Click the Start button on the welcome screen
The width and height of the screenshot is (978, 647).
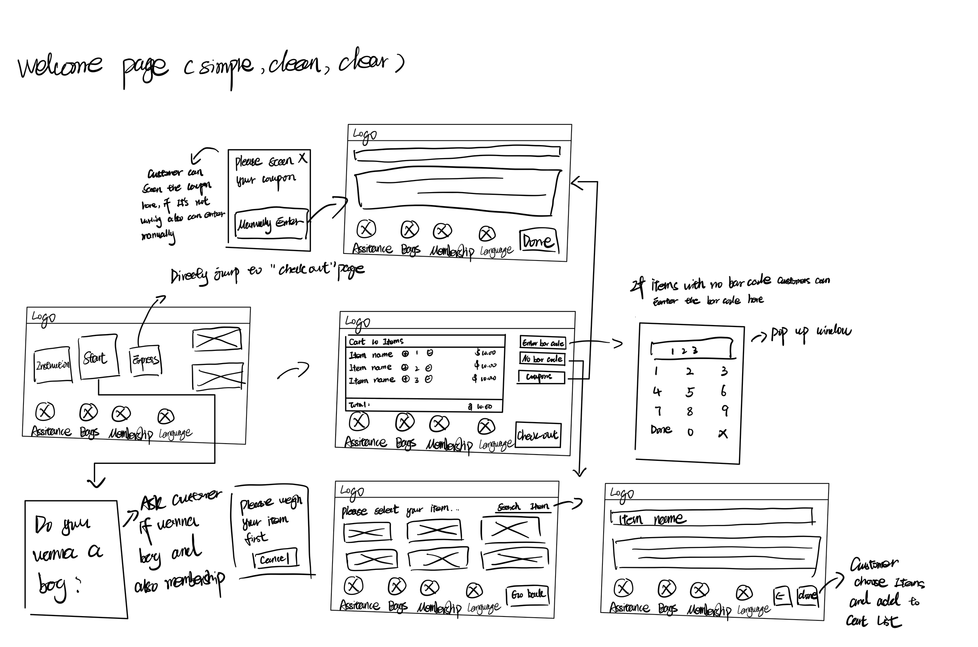(98, 357)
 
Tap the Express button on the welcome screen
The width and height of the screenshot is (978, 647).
(145, 360)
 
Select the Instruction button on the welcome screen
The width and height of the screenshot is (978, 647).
(53, 365)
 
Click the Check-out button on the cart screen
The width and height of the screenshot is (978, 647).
(538, 435)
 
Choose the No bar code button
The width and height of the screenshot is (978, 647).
(542, 359)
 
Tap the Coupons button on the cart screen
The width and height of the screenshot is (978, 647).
(541, 377)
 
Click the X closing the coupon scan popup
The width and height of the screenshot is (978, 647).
(303, 158)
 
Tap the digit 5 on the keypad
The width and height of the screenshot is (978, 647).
(690, 392)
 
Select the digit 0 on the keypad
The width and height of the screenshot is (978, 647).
(690, 432)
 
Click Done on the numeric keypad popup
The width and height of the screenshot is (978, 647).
(661, 430)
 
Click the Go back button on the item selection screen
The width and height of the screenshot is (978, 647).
(528, 595)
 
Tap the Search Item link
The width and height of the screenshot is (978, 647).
(523, 506)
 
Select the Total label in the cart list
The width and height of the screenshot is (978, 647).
(359, 405)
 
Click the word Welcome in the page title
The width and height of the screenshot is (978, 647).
(60, 66)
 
